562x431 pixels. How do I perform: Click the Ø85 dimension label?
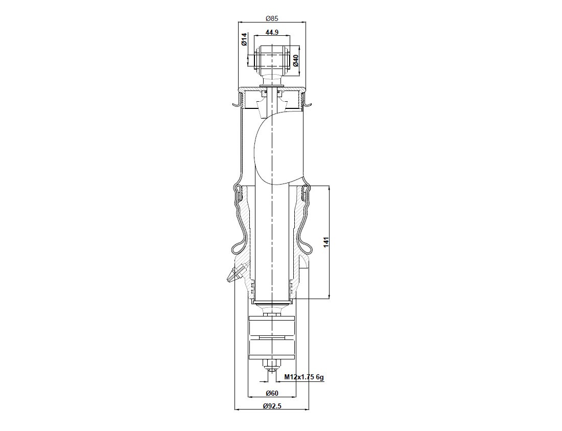pyautogui.click(x=272, y=18)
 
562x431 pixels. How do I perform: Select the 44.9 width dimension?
pyautogui.click(x=272, y=32)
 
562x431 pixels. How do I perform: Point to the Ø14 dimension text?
pyautogui.click(x=244, y=39)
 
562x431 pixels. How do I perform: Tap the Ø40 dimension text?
pyautogui.click(x=296, y=60)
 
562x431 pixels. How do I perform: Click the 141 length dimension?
pyautogui.click(x=326, y=242)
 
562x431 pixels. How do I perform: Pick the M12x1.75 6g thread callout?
pyautogui.click(x=305, y=377)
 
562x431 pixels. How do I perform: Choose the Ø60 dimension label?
pyautogui.click(x=272, y=393)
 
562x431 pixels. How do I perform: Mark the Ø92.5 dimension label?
pyautogui.click(x=272, y=406)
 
